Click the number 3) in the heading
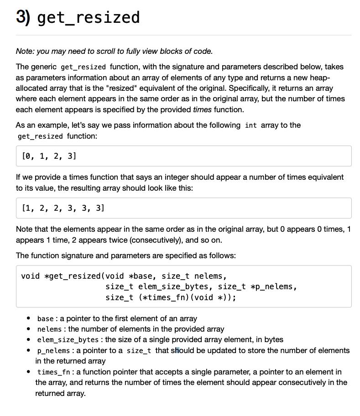(x=23, y=17)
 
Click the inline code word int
(x=250, y=125)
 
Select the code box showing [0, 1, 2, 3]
(x=183, y=156)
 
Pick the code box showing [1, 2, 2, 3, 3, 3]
(x=183, y=208)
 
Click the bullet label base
(x=45, y=318)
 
